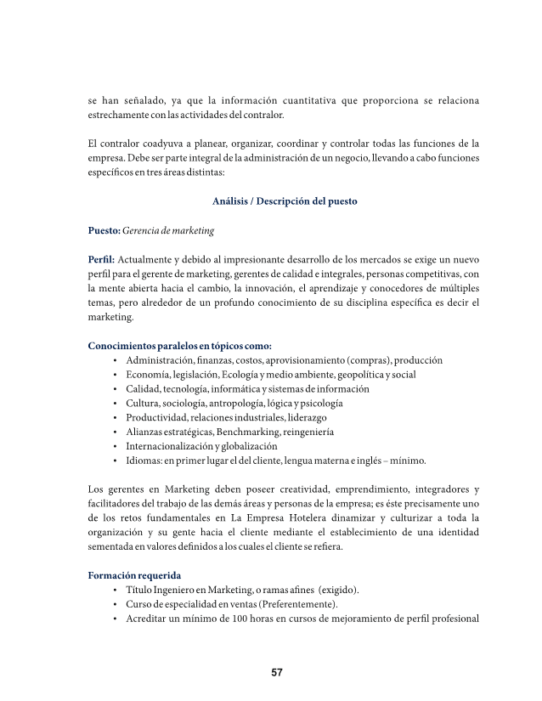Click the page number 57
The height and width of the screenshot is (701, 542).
coord(276,673)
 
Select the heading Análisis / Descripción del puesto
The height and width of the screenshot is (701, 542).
coord(284,201)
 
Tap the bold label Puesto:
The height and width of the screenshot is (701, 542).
coord(104,230)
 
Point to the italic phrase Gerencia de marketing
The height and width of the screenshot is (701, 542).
coord(168,230)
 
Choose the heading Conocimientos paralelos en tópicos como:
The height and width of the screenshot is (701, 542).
coord(180,346)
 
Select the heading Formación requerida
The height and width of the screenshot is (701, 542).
coord(134,575)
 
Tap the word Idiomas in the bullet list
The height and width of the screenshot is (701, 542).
coord(144,461)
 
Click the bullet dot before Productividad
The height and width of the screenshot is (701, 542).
coord(115,418)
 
